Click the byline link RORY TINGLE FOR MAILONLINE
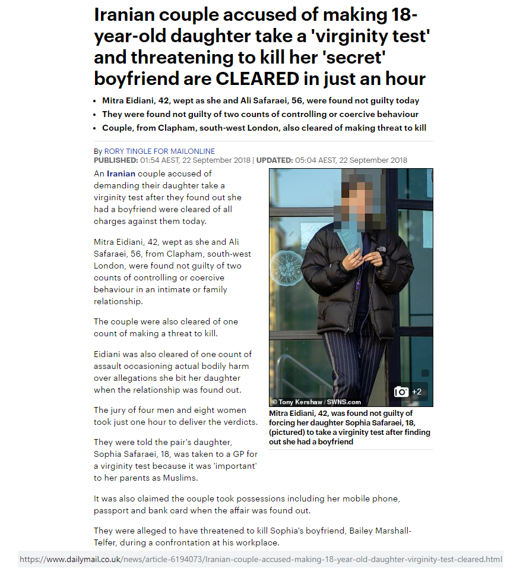coord(160,152)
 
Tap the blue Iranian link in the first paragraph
coord(121,173)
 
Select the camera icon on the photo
coord(402,392)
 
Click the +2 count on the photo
coord(417,392)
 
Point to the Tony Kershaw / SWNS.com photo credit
coord(316,402)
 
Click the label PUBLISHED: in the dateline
coord(116,160)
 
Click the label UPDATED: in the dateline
coord(274,160)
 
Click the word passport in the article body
coord(111,511)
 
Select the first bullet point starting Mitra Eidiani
coord(260,100)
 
